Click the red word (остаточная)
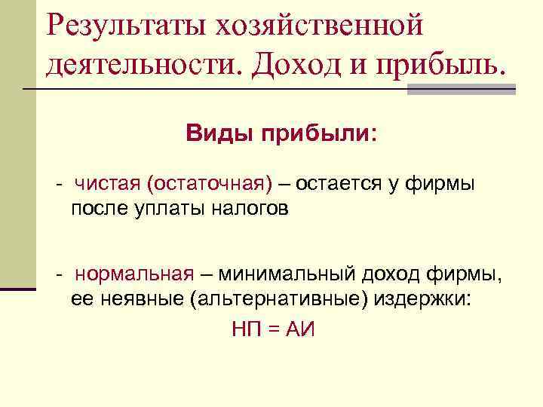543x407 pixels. pyautogui.click(x=209, y=183)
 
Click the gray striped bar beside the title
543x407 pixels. pyautogui.click(x=462, y=88)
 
